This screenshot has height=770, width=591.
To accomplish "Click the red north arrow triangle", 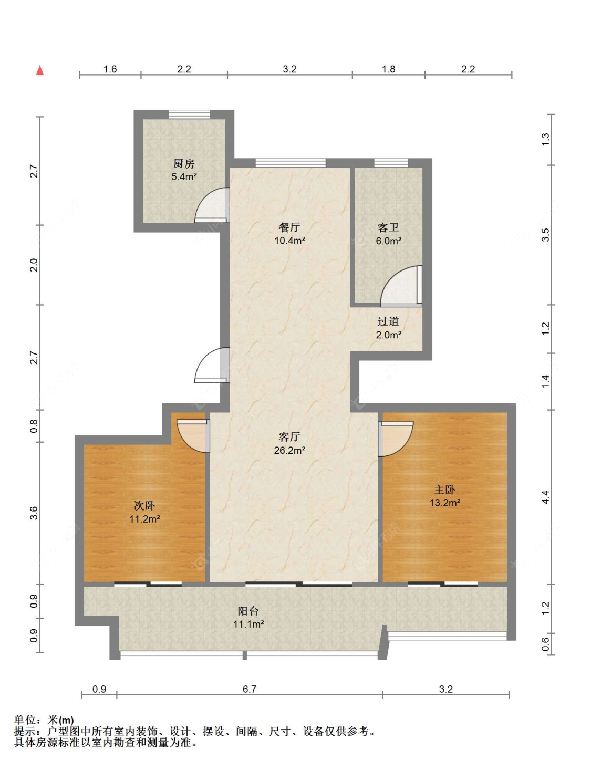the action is (40, 70).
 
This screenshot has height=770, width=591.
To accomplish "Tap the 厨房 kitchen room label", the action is (184, 164).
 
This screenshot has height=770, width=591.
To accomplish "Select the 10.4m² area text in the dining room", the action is (290, 241).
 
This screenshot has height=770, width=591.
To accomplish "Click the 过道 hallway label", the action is (388, 321).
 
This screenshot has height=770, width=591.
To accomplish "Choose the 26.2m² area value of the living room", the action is (290, 450).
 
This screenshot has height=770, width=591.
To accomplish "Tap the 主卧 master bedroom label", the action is (444, 490).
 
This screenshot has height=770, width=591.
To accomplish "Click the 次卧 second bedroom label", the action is (144, 506).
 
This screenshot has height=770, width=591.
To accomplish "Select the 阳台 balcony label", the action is (248, 611).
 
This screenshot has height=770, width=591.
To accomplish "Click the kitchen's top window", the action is (189, 114).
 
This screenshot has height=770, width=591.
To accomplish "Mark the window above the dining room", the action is (291, 163).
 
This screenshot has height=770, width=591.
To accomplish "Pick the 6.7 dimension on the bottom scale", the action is (250, 689).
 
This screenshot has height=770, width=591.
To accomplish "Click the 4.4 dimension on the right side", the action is (546, 497).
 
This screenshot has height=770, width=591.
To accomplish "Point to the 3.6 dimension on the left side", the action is (34, 513).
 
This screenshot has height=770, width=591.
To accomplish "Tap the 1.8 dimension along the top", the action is (388, 69).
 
